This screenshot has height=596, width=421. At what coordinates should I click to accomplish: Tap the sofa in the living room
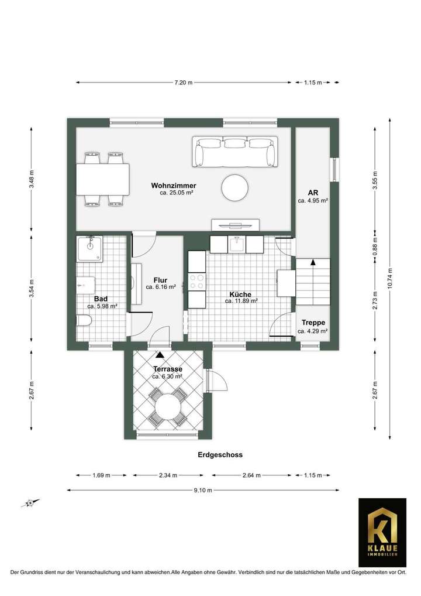[236, 152]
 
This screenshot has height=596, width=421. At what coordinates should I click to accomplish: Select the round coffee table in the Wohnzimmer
[235, 188]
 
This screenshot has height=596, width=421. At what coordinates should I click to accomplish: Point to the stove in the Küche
[197, 282]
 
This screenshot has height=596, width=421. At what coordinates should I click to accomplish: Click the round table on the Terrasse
[168, 407]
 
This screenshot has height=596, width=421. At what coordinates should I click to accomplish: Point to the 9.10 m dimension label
[203, 490]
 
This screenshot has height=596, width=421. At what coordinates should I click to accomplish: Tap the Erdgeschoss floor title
[219, 454]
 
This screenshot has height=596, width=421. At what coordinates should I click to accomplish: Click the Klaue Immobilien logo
[382, 532]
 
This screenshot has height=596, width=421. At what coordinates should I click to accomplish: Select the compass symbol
[30, 502]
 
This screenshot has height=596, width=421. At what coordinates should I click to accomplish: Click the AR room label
[313, 193]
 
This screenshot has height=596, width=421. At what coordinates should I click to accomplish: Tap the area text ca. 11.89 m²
[241, 301]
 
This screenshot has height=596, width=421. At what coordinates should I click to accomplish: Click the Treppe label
[313, 323]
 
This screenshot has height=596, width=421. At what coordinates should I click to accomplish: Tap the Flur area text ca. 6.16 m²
[161, 287]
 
